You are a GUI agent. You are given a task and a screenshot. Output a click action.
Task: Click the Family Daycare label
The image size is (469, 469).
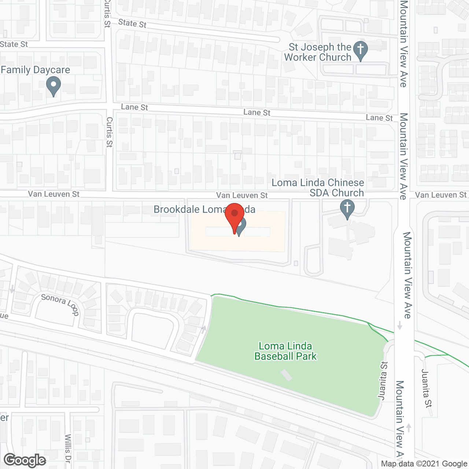(36, 70)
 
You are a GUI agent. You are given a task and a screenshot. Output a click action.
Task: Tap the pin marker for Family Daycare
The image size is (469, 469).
(53, 86)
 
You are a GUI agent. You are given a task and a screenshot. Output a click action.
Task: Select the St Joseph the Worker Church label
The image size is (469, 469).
(318, 52)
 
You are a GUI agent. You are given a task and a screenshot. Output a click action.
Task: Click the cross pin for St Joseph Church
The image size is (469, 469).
(361, 50)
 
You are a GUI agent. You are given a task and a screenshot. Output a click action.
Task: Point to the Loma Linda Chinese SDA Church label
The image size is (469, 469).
(318, 188)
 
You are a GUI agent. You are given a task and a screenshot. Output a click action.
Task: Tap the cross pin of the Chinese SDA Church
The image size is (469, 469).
(347, 208)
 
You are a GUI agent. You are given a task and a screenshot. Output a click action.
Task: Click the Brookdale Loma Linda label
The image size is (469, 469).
(204, 210)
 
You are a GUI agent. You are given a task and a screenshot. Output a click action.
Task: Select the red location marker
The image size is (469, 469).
(234, 216)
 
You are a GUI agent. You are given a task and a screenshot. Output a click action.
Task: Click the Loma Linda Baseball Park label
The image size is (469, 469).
(285, 351)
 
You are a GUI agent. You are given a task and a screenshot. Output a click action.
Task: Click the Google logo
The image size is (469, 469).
(25, 460)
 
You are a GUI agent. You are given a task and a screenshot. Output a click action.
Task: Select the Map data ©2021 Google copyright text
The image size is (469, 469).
(424, 464)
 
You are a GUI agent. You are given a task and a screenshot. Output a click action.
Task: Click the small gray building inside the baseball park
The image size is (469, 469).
(287, 375)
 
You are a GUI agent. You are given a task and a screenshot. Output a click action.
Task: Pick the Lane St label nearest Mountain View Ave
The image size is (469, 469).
(379, 118)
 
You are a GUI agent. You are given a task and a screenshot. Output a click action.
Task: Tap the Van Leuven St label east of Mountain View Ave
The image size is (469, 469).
(441, 195)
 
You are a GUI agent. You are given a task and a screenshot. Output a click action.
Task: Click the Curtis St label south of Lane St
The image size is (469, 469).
(109, 132)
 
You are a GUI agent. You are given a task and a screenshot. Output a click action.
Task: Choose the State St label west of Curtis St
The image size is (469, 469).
(14, 44)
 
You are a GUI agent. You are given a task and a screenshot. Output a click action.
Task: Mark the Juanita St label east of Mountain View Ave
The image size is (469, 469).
(426, 388)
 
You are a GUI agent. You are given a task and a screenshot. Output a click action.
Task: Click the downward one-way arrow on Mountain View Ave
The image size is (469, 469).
(400, 325)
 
